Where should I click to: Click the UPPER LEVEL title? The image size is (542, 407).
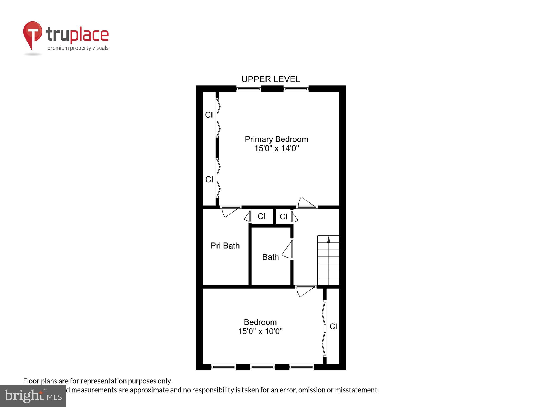pyautogui.click(x=271, y=79)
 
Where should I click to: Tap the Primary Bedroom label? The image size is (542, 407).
pyautogui.click(x=276, y=139)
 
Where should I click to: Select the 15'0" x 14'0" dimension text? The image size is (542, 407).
pyautogui.click(x=277, y=148)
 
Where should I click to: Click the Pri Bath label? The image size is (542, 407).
pyautogui.click(x=225, y=246)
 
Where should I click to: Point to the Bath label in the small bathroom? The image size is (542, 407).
pyautogui.click(x=270, y=257)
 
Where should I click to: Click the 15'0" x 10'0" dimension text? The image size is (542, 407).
pyautogui.click(x=260, y=331)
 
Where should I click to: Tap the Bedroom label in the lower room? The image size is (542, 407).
pyautogui.click(x=260, y=322)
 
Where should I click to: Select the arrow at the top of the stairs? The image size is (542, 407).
pyautogui.click(x=329, y=240)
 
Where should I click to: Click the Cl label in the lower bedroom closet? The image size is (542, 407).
pyautogui.click(x=333, y=326)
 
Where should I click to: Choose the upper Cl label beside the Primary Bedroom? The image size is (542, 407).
pyautogui.click(x=209, y=115)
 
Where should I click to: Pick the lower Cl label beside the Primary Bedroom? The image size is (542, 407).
pyautogui.click(x=209, y=179)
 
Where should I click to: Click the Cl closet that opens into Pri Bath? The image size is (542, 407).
pyautogui.click(x=261, y=216)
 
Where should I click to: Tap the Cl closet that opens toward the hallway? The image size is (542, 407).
pyautogui.click(x=283, y=217)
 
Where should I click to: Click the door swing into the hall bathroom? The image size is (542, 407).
pyautogui.click(x=287, y=250)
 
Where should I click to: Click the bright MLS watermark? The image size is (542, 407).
pyautogui.click(x=33, y=396)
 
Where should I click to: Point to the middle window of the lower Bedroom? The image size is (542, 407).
pyautogui.click(x=262, y=367)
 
